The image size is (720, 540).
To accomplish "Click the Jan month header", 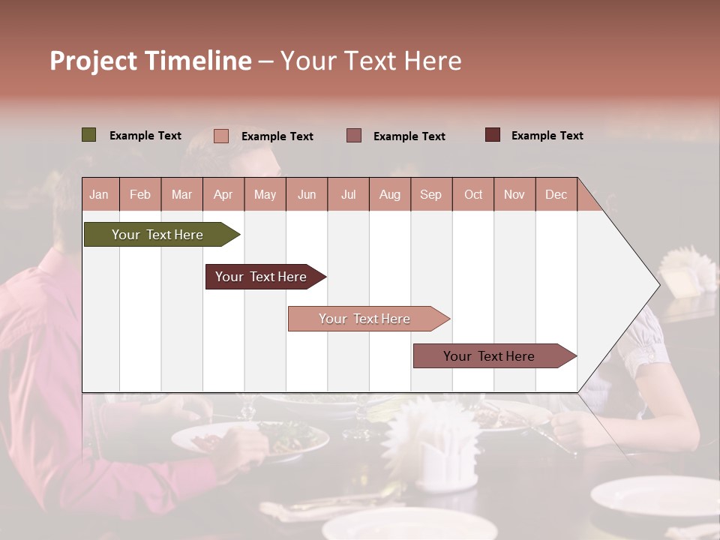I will click(x=99, y=194).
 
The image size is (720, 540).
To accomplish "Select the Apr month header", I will click(x=223, y=194).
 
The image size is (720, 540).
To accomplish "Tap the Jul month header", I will click(x=348, y=194).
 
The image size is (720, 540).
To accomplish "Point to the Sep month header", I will click(x=430, y=194).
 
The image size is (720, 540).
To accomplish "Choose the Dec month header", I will click(x=556, y=194).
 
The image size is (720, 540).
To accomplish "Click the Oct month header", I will click(x=473, y=194).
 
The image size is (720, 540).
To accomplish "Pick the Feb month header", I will click(x=140, y=194).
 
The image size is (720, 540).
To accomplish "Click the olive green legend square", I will click(x=89, y=135).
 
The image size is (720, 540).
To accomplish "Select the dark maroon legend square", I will click(x=493, y=135).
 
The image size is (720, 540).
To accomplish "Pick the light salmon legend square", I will click(x=221, y=136).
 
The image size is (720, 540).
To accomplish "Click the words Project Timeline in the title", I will click(x=151, y=61).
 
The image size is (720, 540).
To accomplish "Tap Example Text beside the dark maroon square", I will click(x=547, y=136).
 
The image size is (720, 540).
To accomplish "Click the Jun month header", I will click(x=307, y=194).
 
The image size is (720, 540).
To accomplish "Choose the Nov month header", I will click(x=514, y=194).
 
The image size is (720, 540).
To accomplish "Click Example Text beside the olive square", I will click(x=145, y=136).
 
